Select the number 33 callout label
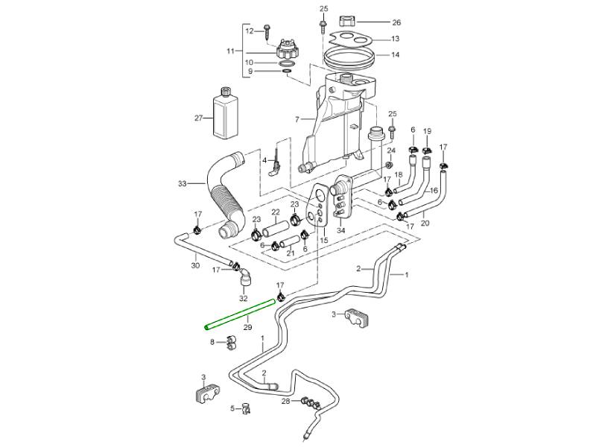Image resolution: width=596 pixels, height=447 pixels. (x=182, y=183)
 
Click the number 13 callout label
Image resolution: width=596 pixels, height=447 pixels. (x=395, y=39)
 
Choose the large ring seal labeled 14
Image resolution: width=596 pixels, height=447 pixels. (x=351, y=56)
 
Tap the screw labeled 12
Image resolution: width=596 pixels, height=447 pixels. (x=268, y=31)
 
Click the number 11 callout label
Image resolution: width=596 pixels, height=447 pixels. (x=230, y=51)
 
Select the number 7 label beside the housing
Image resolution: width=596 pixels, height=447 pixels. (x=297, y=119)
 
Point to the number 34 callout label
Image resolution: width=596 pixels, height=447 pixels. (x=341, y=231)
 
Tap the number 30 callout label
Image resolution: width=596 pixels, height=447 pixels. (x=195, y=265)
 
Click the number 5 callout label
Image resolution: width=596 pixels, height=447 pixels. (x=232, y=408)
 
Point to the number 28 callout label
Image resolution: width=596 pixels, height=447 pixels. (x=286, y=402)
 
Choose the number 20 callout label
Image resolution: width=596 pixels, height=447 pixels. (x=425, y=222)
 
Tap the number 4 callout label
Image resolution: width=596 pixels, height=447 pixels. (x=263, y=160)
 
